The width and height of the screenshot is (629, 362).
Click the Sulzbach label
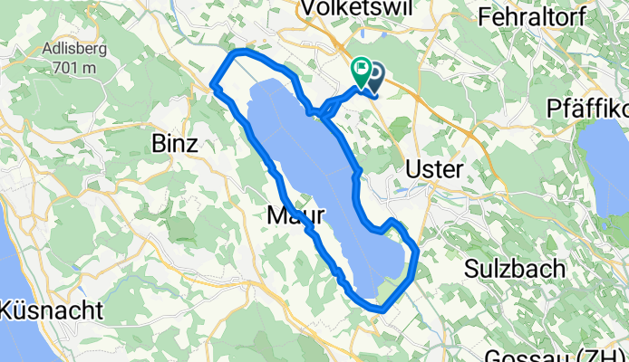click(x=515, y=269)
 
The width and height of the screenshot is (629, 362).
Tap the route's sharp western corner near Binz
click(x=214, y=87)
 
